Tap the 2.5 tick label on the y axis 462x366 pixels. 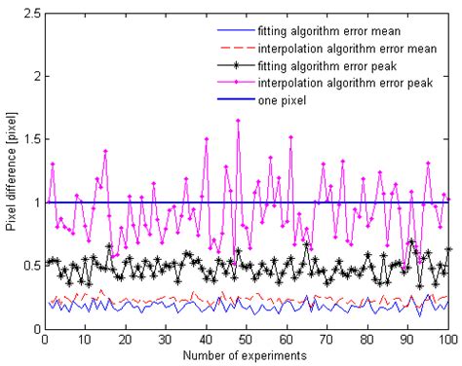pos(28,13)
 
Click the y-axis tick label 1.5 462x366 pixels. pos(28,139)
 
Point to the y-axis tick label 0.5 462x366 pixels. pos(28,266)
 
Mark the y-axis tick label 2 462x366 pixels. pos(35,76)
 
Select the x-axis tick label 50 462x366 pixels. pos(246,339)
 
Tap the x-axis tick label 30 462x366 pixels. pos(165,339)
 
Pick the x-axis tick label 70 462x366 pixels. pos(327,339)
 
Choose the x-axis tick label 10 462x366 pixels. pos(85,339)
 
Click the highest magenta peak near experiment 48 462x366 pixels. pos(238,121)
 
